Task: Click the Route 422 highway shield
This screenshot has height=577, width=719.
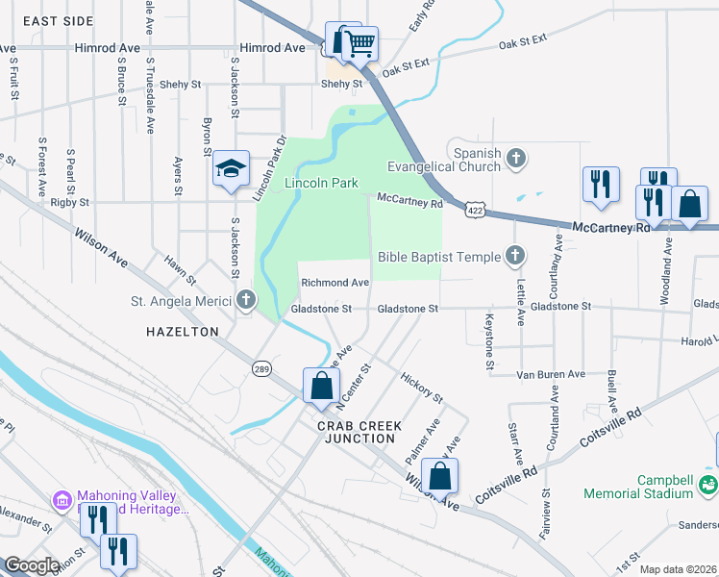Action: pos(473,209)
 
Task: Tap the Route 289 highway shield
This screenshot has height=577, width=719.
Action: pos(260,368)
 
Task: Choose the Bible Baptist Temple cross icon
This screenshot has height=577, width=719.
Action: pos(515,256)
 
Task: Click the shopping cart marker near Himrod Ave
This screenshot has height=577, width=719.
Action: pos(359,42)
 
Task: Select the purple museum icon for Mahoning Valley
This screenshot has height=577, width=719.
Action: pos(62,501)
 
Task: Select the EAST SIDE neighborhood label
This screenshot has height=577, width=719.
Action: pos(59,20)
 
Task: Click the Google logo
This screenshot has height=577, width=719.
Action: pos(31,565)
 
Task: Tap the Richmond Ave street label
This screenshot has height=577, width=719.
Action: pos(335,283)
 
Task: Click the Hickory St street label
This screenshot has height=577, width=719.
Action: pos(421,389)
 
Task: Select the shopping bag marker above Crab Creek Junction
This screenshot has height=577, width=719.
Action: pos(321,387)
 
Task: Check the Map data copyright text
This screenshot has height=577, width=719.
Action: pos(678,569)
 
